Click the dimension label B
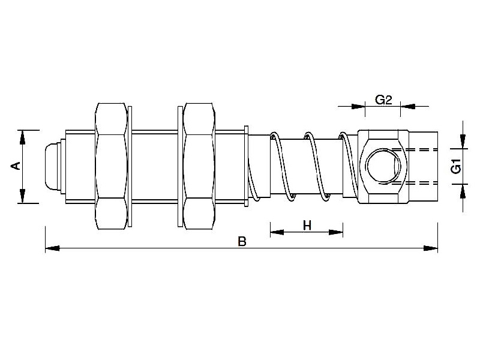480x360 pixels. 242,242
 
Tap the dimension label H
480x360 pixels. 307,226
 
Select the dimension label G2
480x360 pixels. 384,100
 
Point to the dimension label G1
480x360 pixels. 457,166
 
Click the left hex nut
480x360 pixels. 112,166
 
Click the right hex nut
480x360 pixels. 199,166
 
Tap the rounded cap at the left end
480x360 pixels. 53,166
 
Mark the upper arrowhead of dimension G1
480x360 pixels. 463,142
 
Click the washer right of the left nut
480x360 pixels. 131,166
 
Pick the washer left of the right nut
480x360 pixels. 180,166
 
